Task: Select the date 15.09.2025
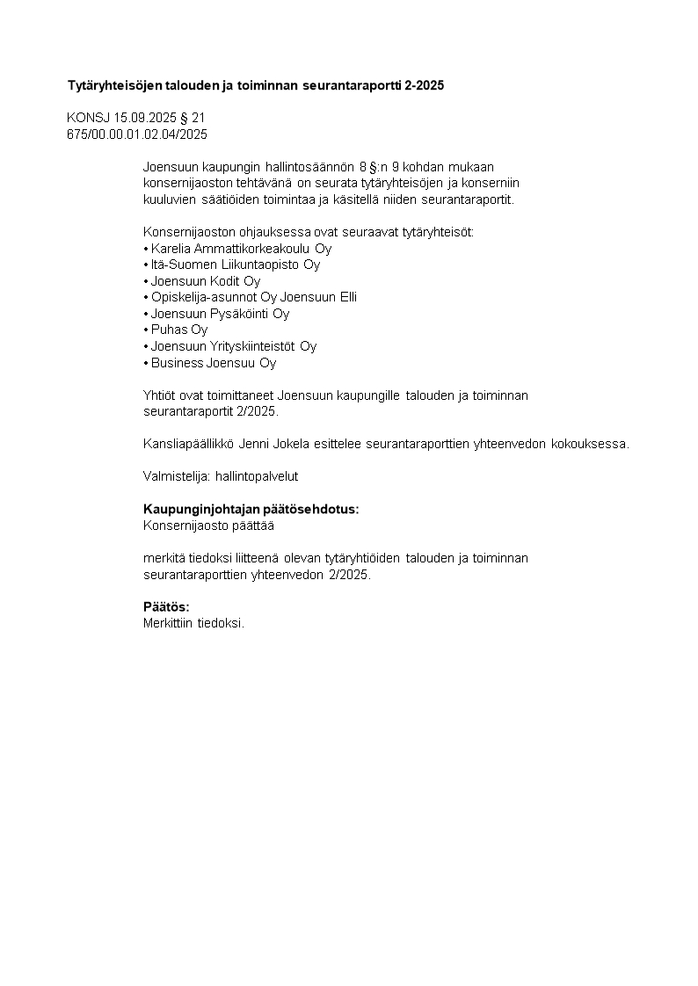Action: point(143,118)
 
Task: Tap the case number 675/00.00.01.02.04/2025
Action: point(137,134)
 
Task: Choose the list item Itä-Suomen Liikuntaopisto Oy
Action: point(235,265)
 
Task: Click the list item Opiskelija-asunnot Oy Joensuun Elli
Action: point(253,297)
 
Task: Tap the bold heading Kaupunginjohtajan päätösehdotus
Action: point(251,510)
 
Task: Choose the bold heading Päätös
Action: point(166,607)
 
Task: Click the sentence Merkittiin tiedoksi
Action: point(193,623)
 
